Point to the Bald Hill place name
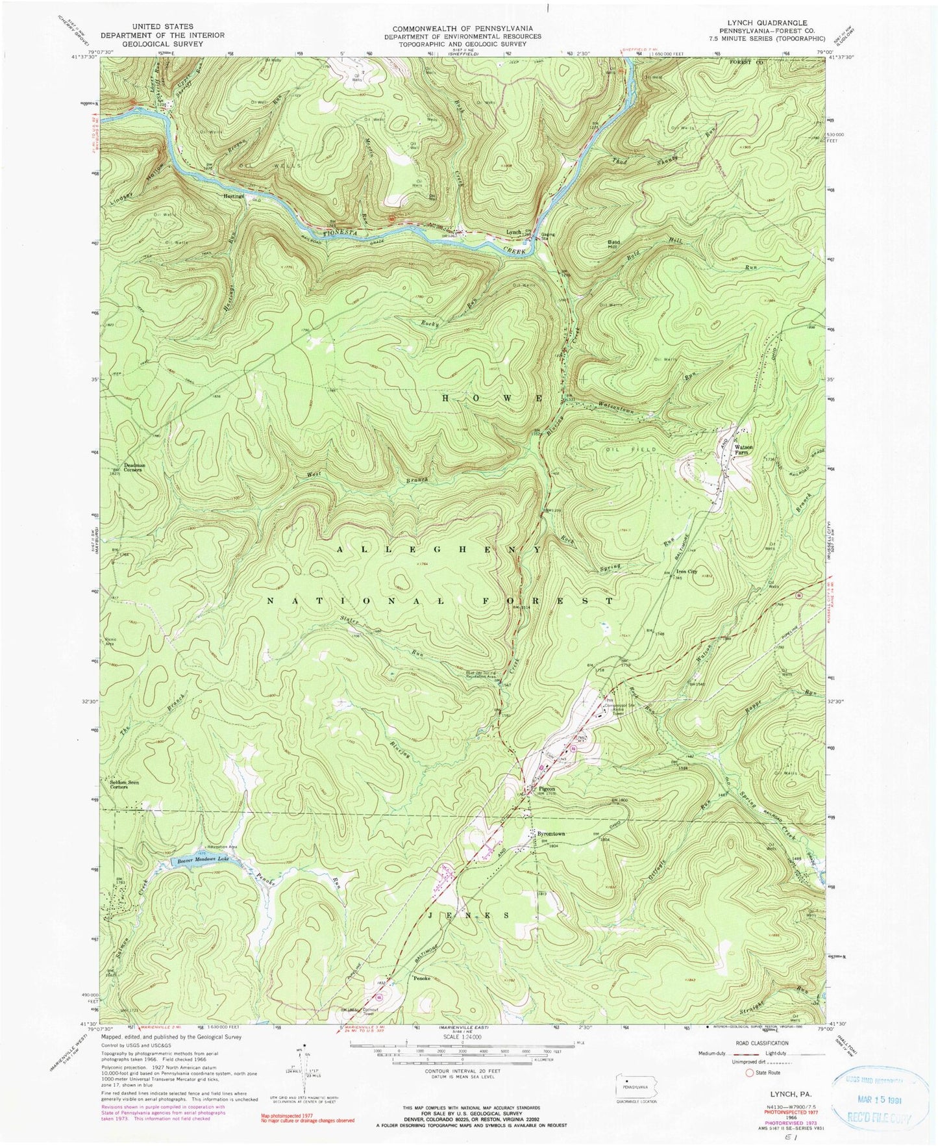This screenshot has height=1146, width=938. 614,244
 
